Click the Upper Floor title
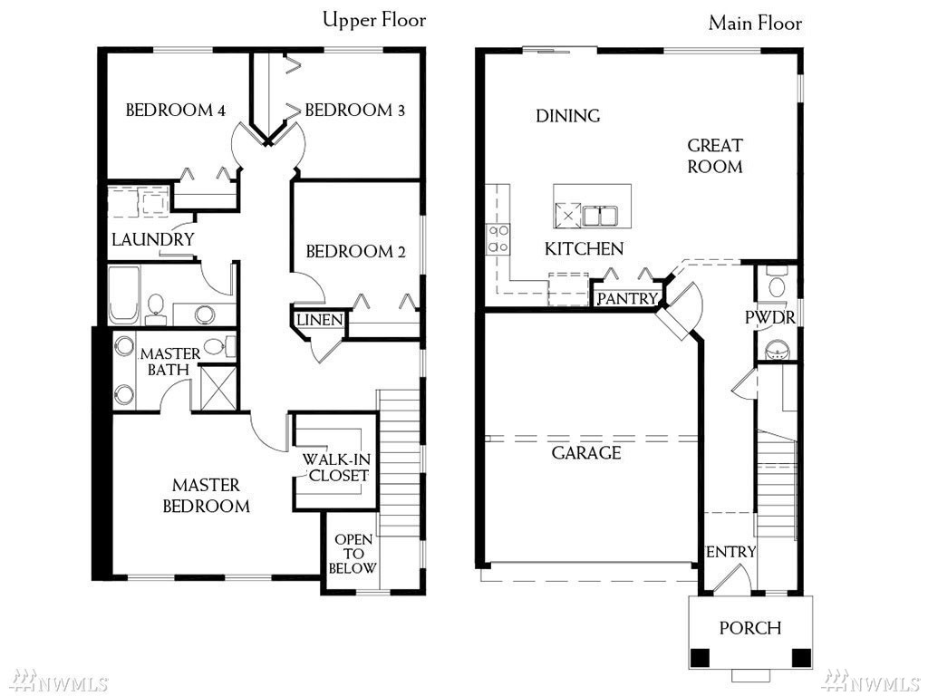point(374,21)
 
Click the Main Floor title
point(755,23)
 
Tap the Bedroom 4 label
point(176,110)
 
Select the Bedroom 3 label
point(355,110)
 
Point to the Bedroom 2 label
point(355,252)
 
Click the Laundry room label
point(152,239)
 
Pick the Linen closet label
point(320,320)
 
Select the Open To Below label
point(353,554)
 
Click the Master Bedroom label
point(206,496)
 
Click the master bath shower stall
point(218,388)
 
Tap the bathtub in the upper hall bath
point(124,295)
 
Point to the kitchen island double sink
point(599,216)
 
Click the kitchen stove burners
point(498,238)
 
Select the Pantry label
point(627,297)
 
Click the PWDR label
point(769,317)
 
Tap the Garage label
point(586,453)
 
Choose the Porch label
point(750,627)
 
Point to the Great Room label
point(715,156)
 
